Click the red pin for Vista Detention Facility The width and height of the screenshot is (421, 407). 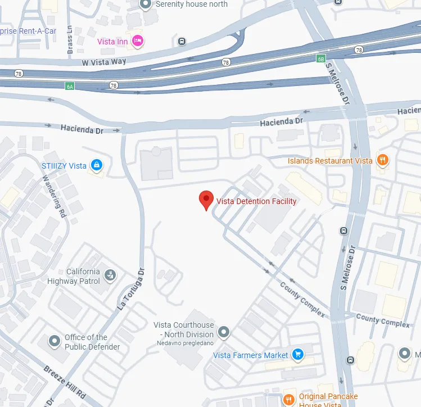tap(206, 200)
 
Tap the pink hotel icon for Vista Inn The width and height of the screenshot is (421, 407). tap(137, 40)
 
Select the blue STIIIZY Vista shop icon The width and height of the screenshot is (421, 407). tap(97, 165)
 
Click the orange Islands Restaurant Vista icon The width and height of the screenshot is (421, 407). tap(382, 160)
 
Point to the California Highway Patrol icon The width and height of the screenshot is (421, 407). tap(111, 275)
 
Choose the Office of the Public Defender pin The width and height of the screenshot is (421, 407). tap(55, 341)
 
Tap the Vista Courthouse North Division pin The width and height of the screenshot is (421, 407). tap(224, 332)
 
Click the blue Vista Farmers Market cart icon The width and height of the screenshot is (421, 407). tap(298, 355)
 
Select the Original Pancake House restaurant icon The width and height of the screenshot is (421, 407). tap(289, 400)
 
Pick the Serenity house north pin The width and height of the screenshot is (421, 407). tap(146, 4)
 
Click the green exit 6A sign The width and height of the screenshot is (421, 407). tap(70, 86)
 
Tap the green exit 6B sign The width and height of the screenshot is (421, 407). tap(320, 58)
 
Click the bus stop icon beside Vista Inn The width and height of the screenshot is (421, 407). tap(182, 41)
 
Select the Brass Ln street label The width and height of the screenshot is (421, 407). tap(70, 38)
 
